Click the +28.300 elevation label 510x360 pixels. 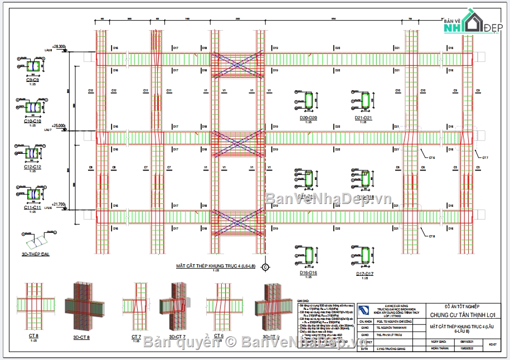click(59, 46)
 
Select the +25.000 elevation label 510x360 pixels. click(59, 126)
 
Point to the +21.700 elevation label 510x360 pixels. click(59, 205)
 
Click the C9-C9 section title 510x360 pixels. click(32, 80)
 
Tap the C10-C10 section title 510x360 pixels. click(32, 121)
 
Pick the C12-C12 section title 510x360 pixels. click(32, 167)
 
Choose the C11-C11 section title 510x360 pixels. click(32, 207)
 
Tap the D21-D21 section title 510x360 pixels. click(363, 118)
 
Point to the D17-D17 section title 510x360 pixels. click(365, 274)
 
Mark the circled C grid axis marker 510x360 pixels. click(265, 267)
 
